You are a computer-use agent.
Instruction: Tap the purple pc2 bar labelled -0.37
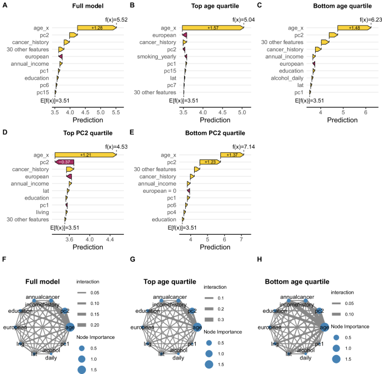coord(65,162)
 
